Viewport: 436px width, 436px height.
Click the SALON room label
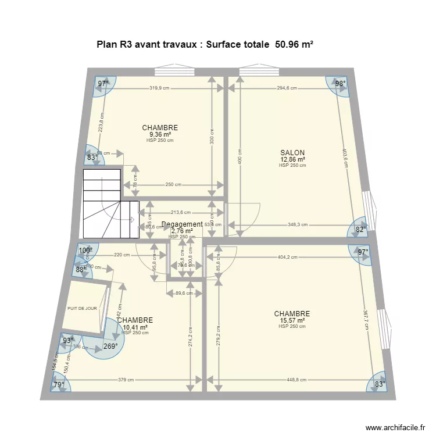[292, 153]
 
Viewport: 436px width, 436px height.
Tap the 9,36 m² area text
[160, 134]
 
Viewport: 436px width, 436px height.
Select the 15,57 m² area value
[292, 320]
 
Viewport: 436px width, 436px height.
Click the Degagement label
[182, 224]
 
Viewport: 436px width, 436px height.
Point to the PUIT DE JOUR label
[82, 309]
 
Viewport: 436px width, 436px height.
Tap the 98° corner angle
[340, 84]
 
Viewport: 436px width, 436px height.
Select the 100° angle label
[85, 251]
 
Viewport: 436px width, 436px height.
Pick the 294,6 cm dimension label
[287, 88]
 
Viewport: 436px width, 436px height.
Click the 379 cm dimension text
[126, 380]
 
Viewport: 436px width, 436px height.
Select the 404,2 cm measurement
[287, 256]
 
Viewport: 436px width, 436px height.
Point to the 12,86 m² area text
[292, 159]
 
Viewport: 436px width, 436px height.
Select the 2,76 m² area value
[182, 231]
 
